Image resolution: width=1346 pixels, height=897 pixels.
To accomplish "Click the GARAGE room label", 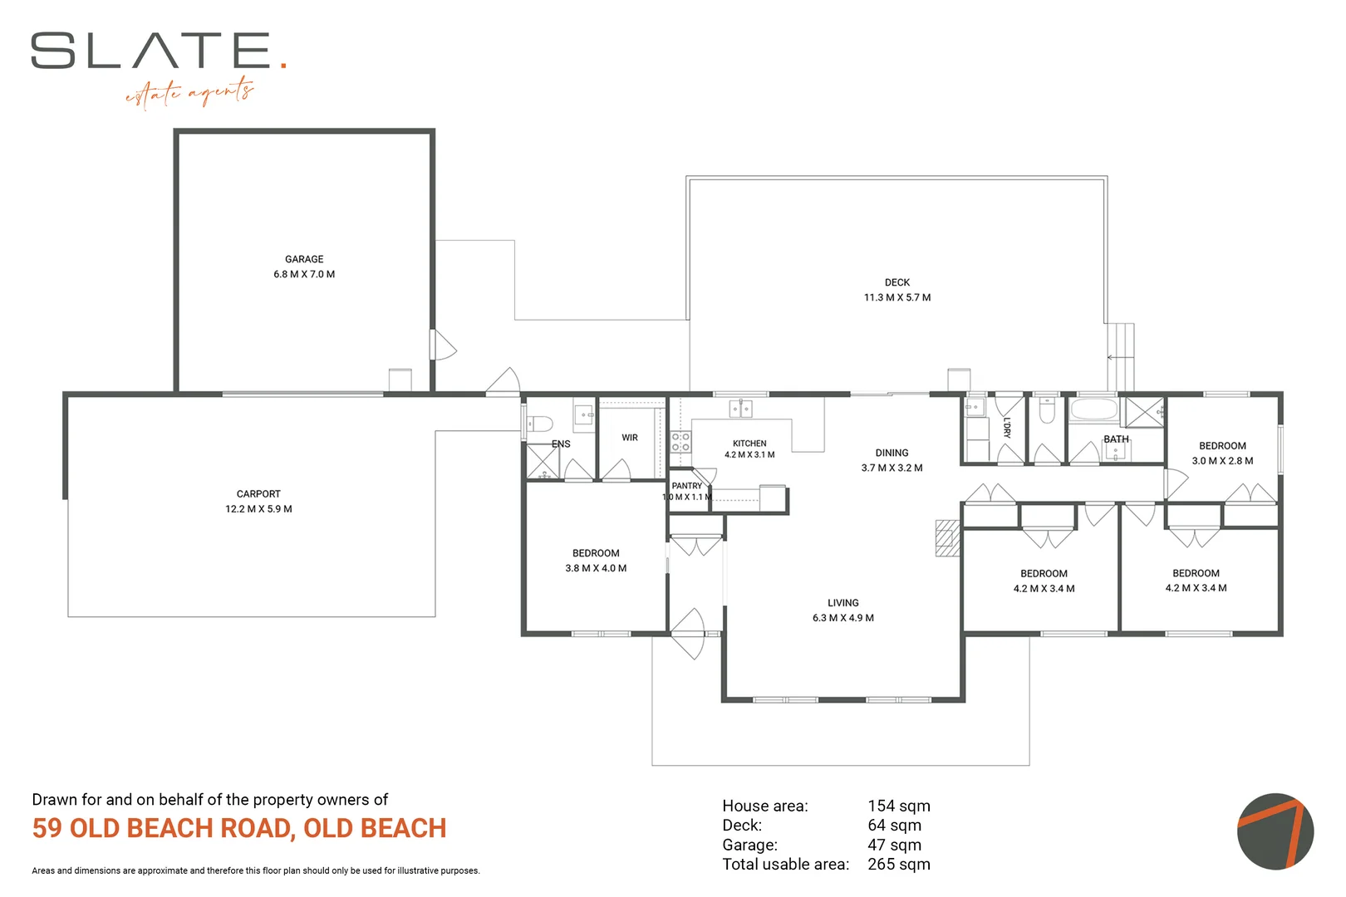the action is click(304, 259).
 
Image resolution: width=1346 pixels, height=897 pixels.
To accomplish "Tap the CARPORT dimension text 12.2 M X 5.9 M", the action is click(258, 509).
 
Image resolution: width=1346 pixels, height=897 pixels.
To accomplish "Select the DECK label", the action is click(897, 282).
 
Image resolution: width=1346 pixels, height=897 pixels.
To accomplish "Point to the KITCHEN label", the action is click(749, 444).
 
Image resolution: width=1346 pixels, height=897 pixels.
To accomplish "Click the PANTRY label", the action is click(687, 485).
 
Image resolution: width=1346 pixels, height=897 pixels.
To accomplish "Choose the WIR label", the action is click(630, 438).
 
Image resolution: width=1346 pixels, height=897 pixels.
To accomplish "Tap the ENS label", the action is click(561, 444).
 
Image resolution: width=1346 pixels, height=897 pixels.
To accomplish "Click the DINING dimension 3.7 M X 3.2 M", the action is click(892, 468).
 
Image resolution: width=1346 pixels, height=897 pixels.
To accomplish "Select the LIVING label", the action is click(843, 603).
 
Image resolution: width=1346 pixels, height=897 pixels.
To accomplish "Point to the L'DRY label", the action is click(1008, 427).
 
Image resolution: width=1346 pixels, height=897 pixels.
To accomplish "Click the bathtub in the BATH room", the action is click(1094, 409).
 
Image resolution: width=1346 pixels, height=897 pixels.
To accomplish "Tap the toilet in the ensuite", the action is click(539, 424).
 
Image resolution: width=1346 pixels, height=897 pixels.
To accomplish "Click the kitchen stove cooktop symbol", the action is click(680, 442).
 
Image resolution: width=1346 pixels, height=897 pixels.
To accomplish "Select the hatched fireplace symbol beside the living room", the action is click(948, 538).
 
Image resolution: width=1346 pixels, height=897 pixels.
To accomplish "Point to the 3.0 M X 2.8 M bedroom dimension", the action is click(1222, 461).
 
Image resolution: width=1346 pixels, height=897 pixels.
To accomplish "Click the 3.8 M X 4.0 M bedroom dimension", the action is click(596, 568).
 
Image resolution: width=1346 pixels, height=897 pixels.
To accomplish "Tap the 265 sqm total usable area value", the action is click(899, 864).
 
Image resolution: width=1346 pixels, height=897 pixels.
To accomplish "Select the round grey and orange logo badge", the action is click(1275, 831).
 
